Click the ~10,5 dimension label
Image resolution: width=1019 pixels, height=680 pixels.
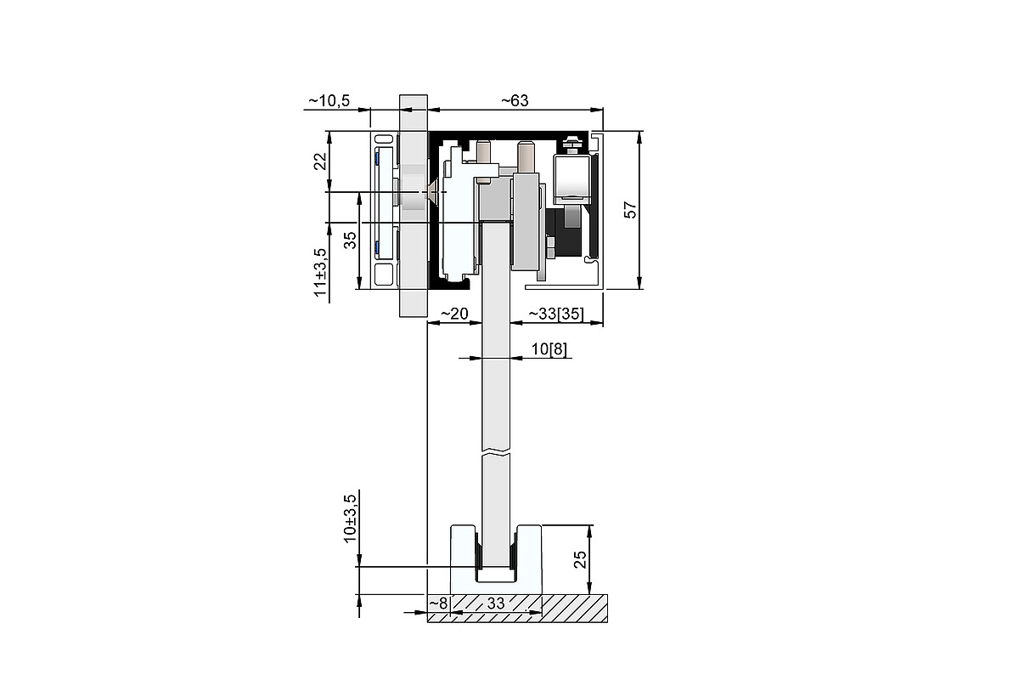click(x=329, y=100)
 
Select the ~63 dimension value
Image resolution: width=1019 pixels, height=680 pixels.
click(x=515, y=100)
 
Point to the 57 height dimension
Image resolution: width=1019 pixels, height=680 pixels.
click(x=630, y=210)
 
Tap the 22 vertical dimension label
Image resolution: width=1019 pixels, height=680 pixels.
click(x=321, y=161)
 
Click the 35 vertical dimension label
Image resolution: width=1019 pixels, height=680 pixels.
click(x=350, y=240)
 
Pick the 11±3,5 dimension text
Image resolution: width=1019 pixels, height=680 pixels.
click(x=321, y=272)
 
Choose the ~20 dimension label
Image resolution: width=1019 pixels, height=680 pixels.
click(x=454, y=314)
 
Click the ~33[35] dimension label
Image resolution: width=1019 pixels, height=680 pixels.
click(x=556, y=314)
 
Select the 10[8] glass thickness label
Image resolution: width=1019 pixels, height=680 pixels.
click(x=549, y=349)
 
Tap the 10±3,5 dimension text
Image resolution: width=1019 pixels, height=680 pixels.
click(x=350, y=518)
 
